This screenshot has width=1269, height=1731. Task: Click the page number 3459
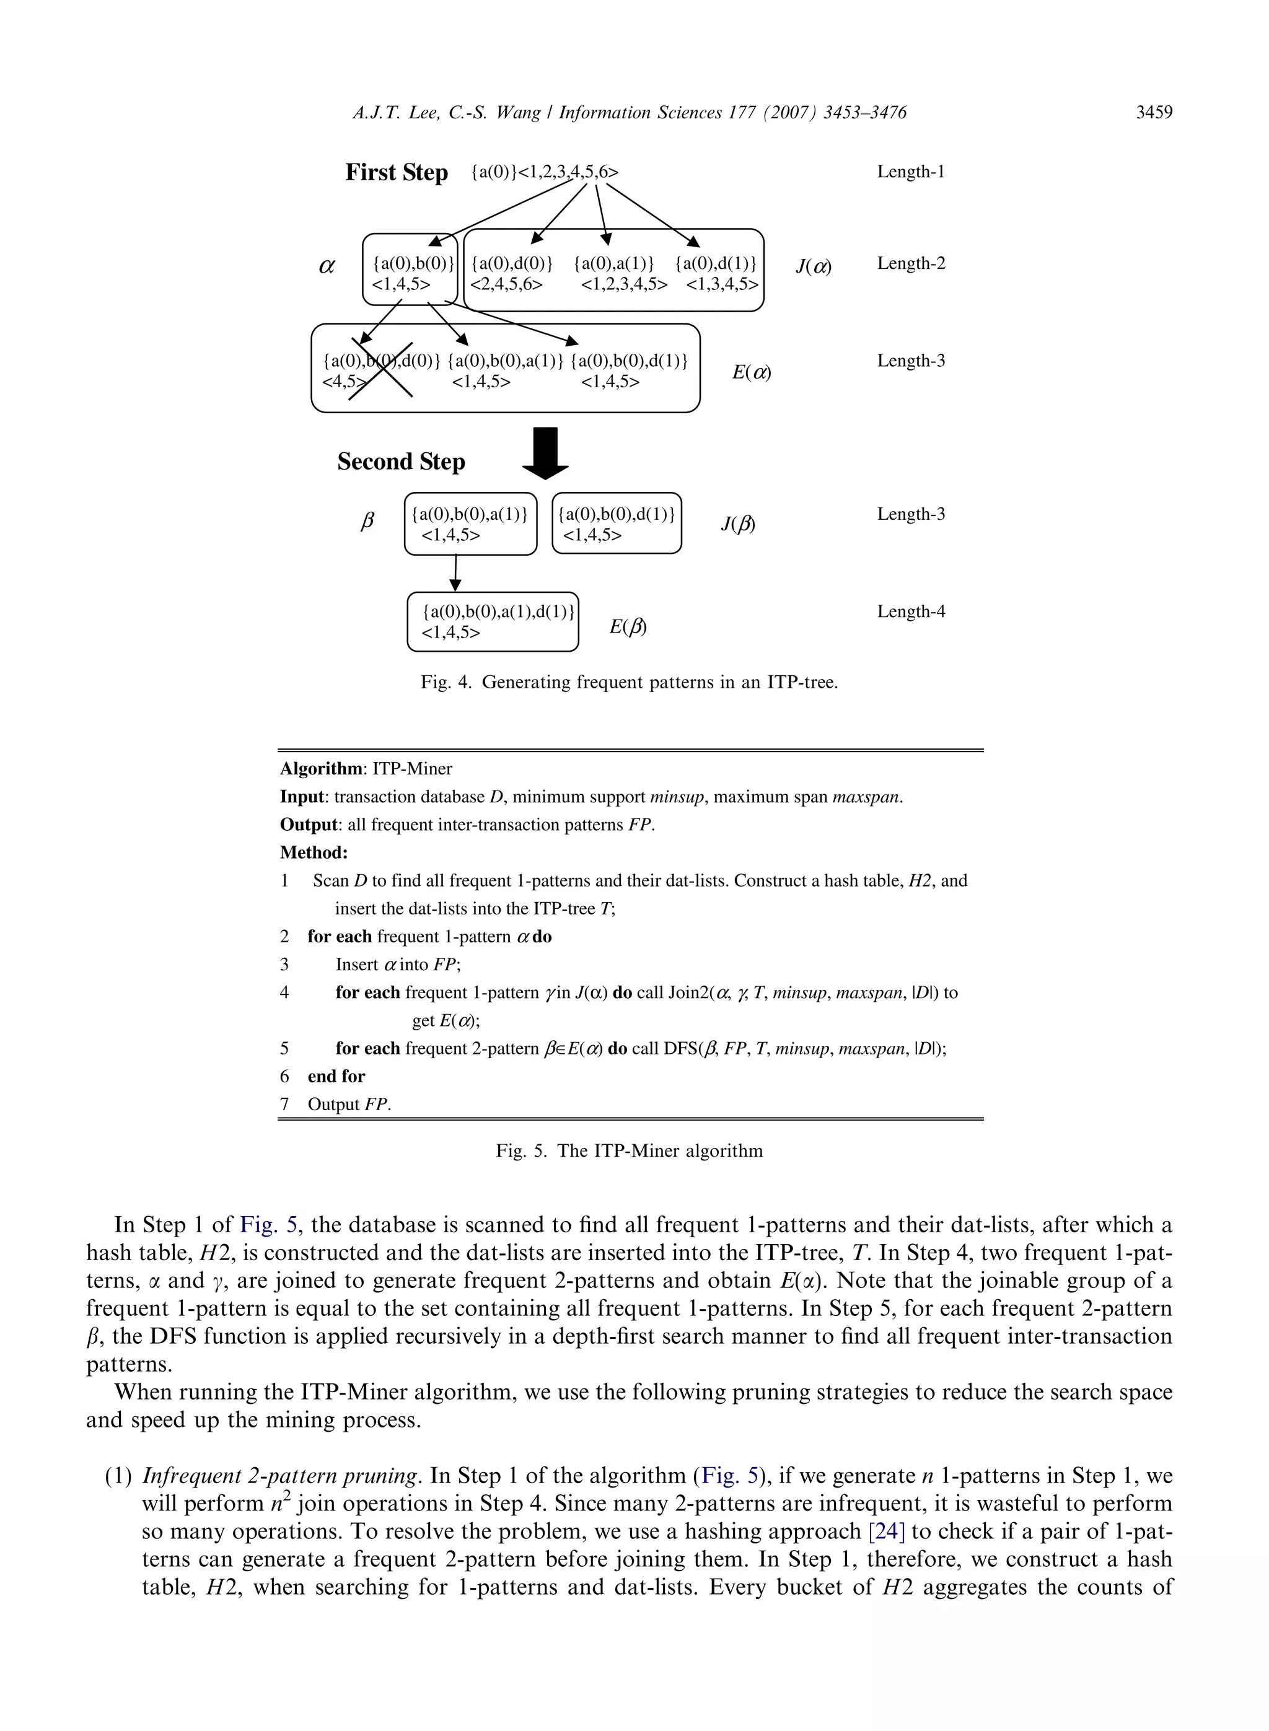point(1154,113)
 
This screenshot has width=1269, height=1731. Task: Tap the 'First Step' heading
point(397,172)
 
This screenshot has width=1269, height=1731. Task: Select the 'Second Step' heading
point(401,462)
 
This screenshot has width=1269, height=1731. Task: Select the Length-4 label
point(911,611)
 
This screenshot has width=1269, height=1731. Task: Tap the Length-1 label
point(911,171)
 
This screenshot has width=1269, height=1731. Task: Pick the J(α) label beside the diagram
point(814,266)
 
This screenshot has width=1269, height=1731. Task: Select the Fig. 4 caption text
point(629,682)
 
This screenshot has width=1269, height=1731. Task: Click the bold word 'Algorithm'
point(321,769)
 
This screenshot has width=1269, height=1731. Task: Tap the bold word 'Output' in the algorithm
point(308,825)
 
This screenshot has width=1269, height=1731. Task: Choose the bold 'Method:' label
point(314,852)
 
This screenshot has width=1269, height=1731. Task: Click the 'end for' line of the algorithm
point(336,1076)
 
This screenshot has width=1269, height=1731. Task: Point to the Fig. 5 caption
point(629,1150)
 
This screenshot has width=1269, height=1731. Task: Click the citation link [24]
point(887,1532)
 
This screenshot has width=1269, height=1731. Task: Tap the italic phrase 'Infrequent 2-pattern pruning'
point(281,1475)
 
